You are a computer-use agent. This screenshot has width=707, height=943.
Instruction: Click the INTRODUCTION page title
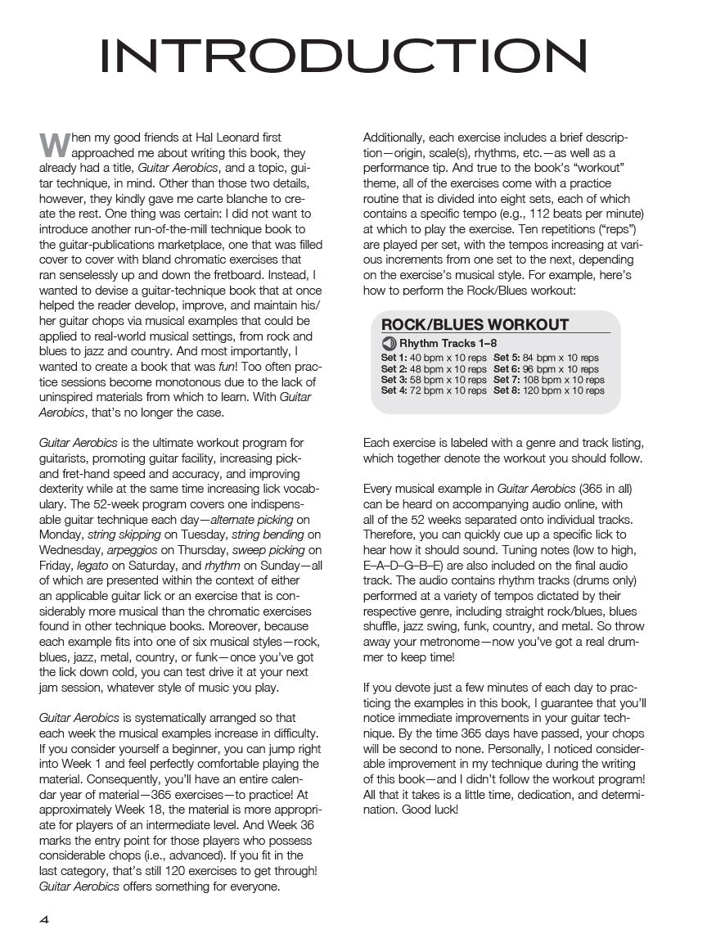343,57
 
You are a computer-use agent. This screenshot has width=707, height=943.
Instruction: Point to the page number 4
44,919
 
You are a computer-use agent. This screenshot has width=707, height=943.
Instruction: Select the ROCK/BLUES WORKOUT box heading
475,324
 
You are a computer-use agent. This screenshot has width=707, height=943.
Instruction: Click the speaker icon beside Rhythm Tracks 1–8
389,344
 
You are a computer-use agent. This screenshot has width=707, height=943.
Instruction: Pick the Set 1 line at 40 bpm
434,358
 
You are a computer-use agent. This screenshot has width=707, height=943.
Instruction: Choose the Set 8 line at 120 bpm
549,390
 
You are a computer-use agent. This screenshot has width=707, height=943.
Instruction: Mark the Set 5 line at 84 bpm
546,358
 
